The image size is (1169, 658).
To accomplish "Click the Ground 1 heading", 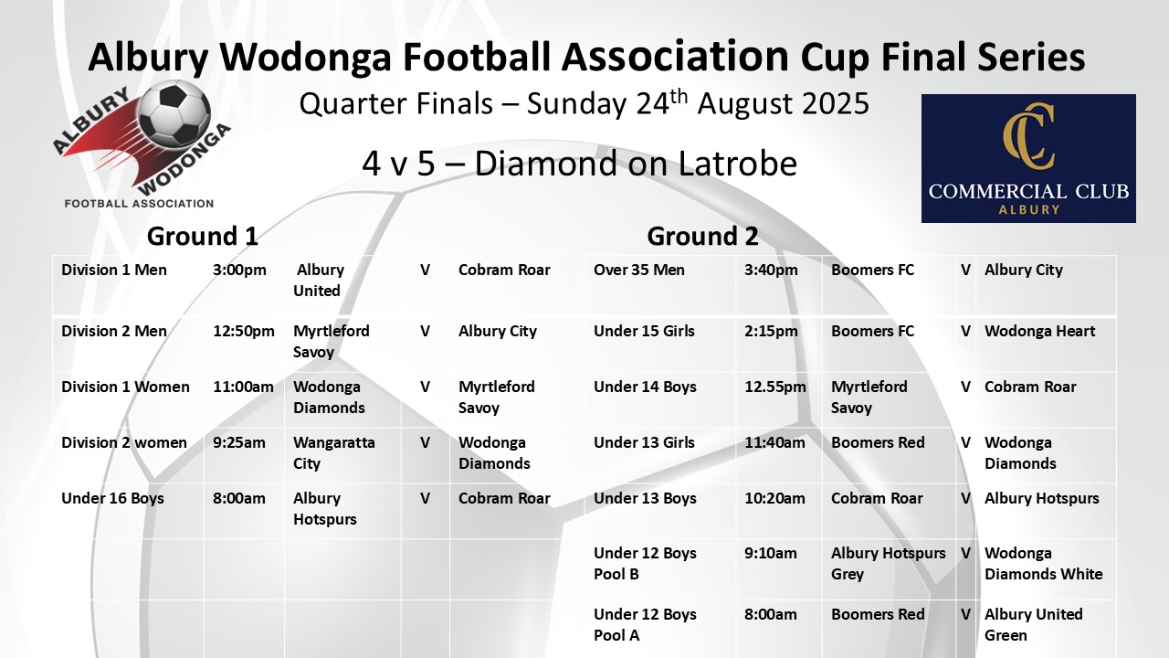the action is click(203, 236).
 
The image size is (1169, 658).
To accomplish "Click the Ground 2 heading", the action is click(702, 236).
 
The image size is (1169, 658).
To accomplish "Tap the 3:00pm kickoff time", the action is click(239, 270).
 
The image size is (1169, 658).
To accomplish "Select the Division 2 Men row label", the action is click(114, 331).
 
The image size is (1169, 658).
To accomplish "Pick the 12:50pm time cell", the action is click(244, 331).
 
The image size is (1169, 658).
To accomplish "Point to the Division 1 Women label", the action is click(125, 387).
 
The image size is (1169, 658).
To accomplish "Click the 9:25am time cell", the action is click(239, 443).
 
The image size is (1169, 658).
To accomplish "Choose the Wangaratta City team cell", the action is click(334, 452).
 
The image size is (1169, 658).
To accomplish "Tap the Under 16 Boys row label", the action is click(112, 499).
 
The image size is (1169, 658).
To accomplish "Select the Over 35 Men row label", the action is click(639, 270).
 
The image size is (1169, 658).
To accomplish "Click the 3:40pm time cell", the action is click(771, 270).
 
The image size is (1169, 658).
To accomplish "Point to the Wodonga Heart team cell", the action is click(1039, 331).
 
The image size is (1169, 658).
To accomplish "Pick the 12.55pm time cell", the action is click(775, 387).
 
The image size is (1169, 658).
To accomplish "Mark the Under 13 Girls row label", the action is click(644, 443).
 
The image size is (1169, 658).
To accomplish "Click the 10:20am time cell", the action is click(774, 499).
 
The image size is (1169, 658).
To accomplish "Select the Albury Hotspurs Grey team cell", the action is click(889, 564).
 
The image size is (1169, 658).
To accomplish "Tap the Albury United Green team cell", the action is click(1033, 624).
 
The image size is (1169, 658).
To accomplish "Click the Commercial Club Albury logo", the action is click(1028, 158).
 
